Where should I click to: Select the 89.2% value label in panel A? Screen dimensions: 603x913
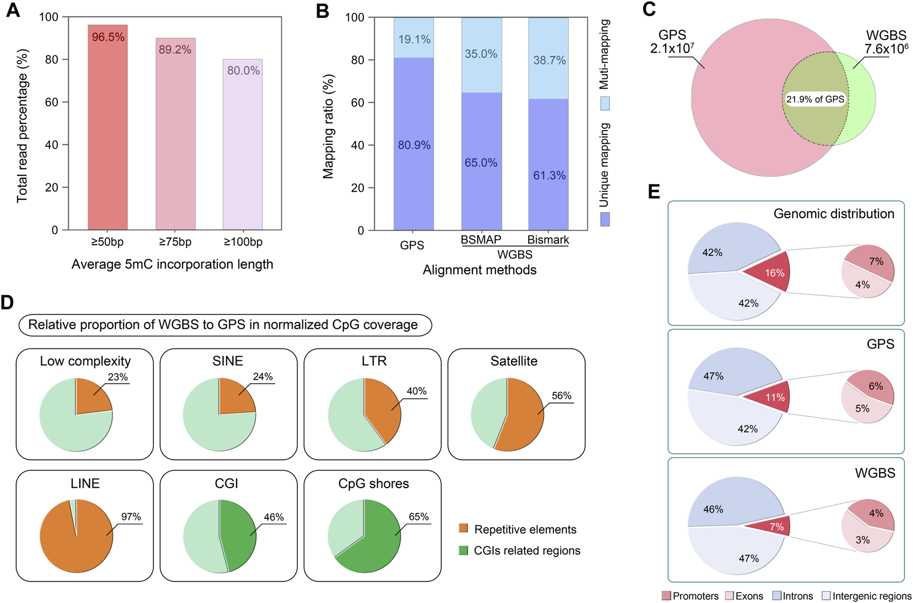[175, 49]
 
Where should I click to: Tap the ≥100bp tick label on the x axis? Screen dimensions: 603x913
[243, 242]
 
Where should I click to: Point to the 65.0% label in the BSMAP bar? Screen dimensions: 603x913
[481, 163]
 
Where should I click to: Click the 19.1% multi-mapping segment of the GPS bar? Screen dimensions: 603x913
[414, 38]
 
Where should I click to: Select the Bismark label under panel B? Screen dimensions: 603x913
[548, 240]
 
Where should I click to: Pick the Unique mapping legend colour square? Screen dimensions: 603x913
[605, 219]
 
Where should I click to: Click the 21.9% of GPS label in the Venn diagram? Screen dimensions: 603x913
[815, 99]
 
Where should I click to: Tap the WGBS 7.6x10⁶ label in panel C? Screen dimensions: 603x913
[886, 42]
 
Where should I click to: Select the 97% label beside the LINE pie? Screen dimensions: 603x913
[131, 516]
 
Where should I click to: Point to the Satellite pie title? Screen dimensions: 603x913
[514, 361]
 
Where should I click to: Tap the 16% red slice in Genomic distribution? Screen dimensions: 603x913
[770, 272]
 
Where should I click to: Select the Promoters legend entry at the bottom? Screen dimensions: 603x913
[690, 596]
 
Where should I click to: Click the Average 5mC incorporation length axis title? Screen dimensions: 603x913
[172, 264]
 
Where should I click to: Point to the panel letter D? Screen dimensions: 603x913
[7, 303]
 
